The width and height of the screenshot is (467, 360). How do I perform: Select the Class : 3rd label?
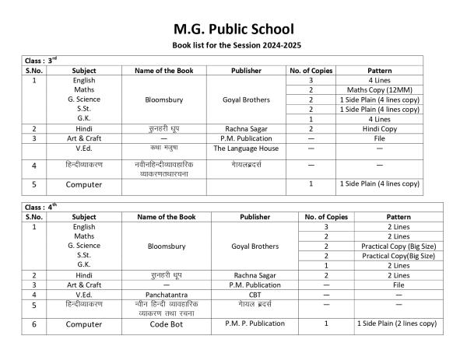click(44, 60)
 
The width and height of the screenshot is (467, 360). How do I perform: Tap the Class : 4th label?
click(44, 208)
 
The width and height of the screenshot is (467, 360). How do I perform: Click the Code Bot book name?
click(160, 323)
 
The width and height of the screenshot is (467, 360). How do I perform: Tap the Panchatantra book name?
click(160, 295)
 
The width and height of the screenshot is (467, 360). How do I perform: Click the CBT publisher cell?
click(255, 295)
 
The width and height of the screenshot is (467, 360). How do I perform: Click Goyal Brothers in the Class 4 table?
click(255, 246)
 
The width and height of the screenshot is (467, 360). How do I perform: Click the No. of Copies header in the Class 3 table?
click(311, 70)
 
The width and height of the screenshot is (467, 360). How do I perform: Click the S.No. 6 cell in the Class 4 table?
click(34, 325)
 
